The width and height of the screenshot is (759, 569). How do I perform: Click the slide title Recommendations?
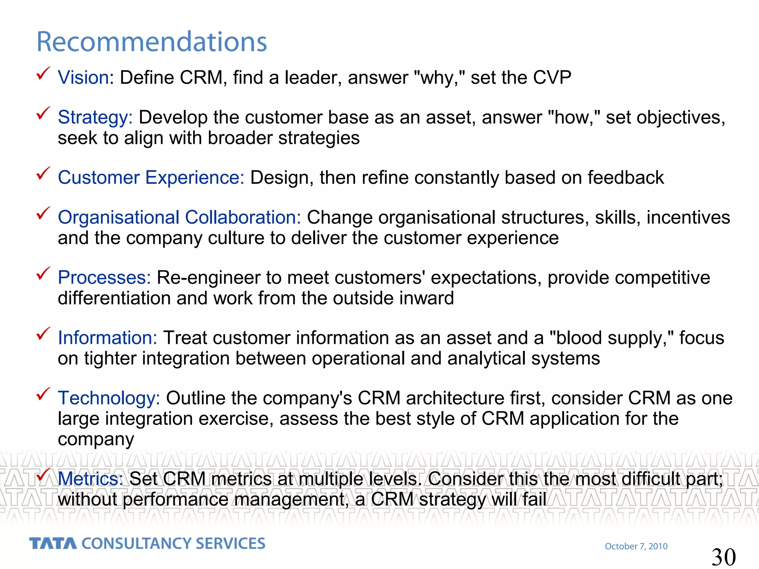pyautogui.click(x=152, y=41)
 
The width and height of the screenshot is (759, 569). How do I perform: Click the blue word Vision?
pyautogui.click(x=83, y=78)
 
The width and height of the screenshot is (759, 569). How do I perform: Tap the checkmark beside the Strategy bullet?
pyautogui.click(x=43, y=114)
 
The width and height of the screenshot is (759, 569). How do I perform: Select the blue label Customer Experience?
pyautogui.click(x=151, y=178)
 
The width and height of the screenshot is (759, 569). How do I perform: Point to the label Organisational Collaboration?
pyautogui.click(x=179, y=217)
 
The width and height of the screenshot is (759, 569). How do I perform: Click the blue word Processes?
pyautogui.click(x=104, y=278)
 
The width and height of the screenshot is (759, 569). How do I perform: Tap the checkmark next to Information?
pyautogui.click(x=43, y=334)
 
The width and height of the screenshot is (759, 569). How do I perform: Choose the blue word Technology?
pyautogui.click(x=109, y=399)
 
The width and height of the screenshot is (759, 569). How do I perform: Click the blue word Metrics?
pyautogui.click(x=90, y=479)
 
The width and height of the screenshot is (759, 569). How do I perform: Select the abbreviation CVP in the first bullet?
pyautogui.click(x=552, y=78)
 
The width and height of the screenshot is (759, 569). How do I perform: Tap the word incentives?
pyautogui.click(x=688, y=217)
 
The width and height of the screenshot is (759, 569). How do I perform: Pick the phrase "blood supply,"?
pyautogui.click(x=611, y=338)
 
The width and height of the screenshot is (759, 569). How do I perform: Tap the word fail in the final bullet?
pyautogui.click(x=534, y=499)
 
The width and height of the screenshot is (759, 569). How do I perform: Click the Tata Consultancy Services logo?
pyautogui.click(x=147, y=543)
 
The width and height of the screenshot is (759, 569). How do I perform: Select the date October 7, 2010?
pyautogui.click(x=636, y=546)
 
